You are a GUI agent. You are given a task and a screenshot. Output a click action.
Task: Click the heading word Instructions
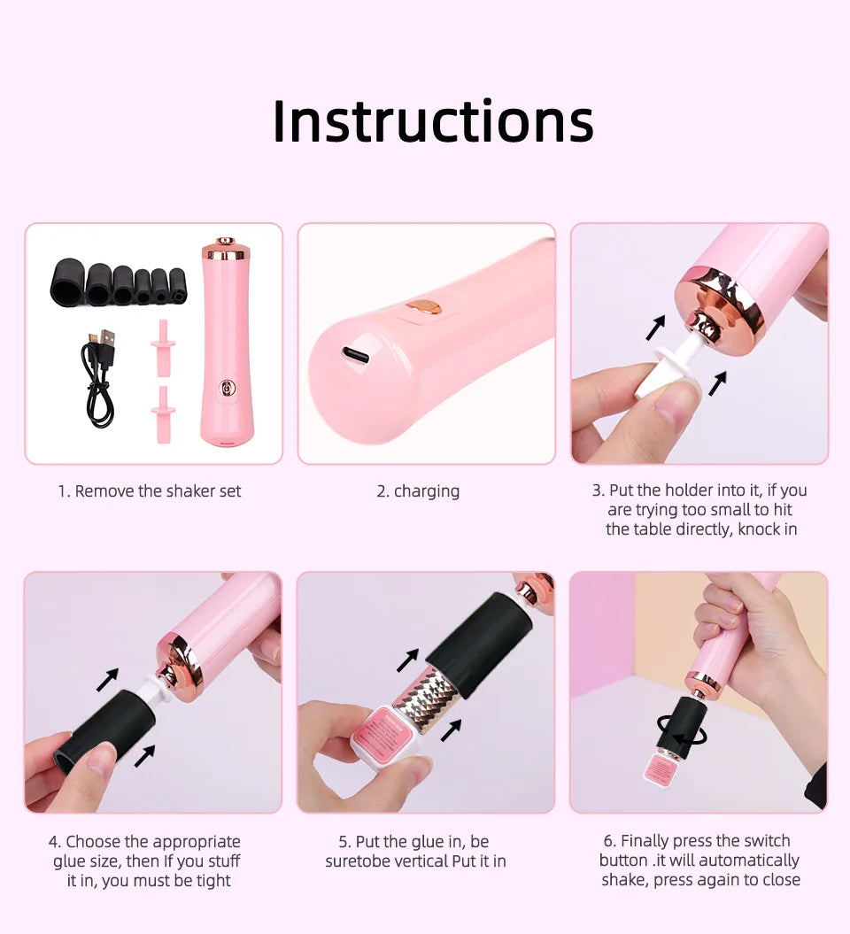432,121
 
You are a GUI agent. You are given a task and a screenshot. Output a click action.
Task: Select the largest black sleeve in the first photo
67,281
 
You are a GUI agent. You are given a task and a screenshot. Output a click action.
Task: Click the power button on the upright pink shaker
228,387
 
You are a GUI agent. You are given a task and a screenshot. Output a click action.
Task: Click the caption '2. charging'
418,491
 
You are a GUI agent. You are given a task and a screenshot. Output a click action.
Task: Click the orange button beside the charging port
425,307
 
